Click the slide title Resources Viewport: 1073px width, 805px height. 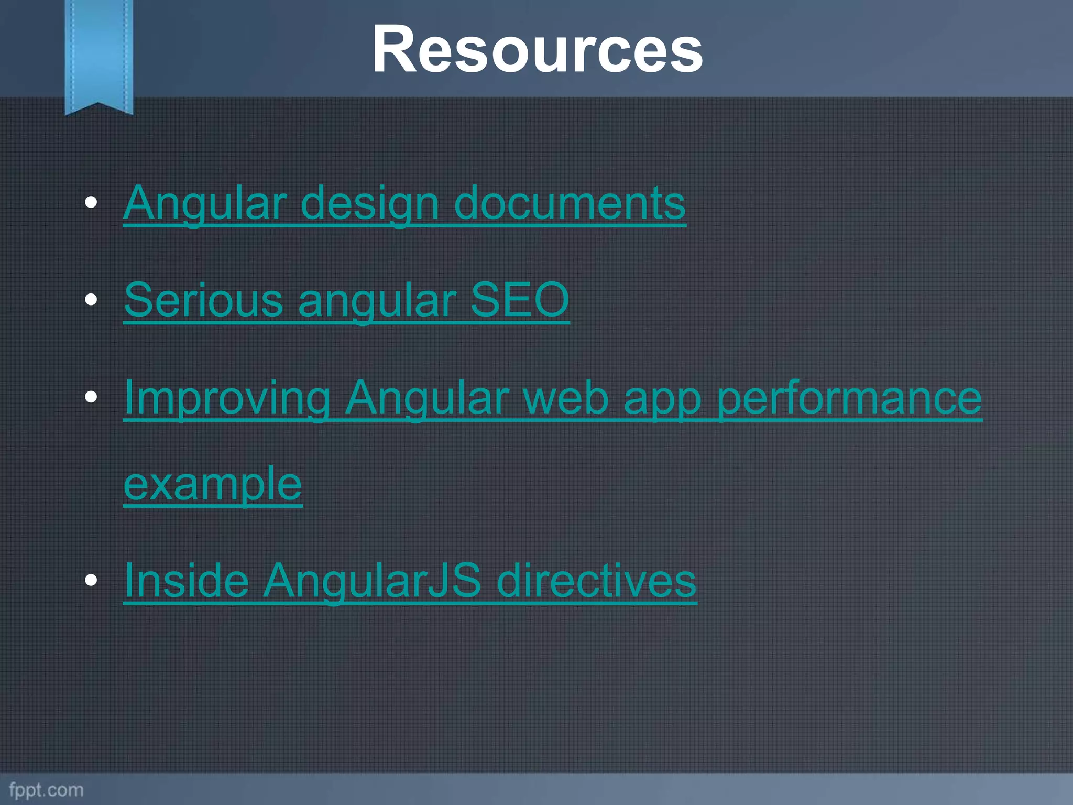(537, 50)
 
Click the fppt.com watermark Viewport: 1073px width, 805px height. (46, 790)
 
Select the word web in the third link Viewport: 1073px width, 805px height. (566, 398)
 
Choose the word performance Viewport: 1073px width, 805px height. (849, 399)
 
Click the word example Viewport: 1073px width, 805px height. (213, 484)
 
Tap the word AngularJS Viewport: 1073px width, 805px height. (371, 581)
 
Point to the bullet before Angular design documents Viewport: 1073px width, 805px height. (91, 203)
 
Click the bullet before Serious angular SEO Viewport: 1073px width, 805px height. (91, 300)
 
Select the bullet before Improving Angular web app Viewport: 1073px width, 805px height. (91, 397)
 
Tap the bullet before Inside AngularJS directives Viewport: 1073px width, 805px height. (91, 580)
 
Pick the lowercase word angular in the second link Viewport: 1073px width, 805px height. (377, 301)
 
